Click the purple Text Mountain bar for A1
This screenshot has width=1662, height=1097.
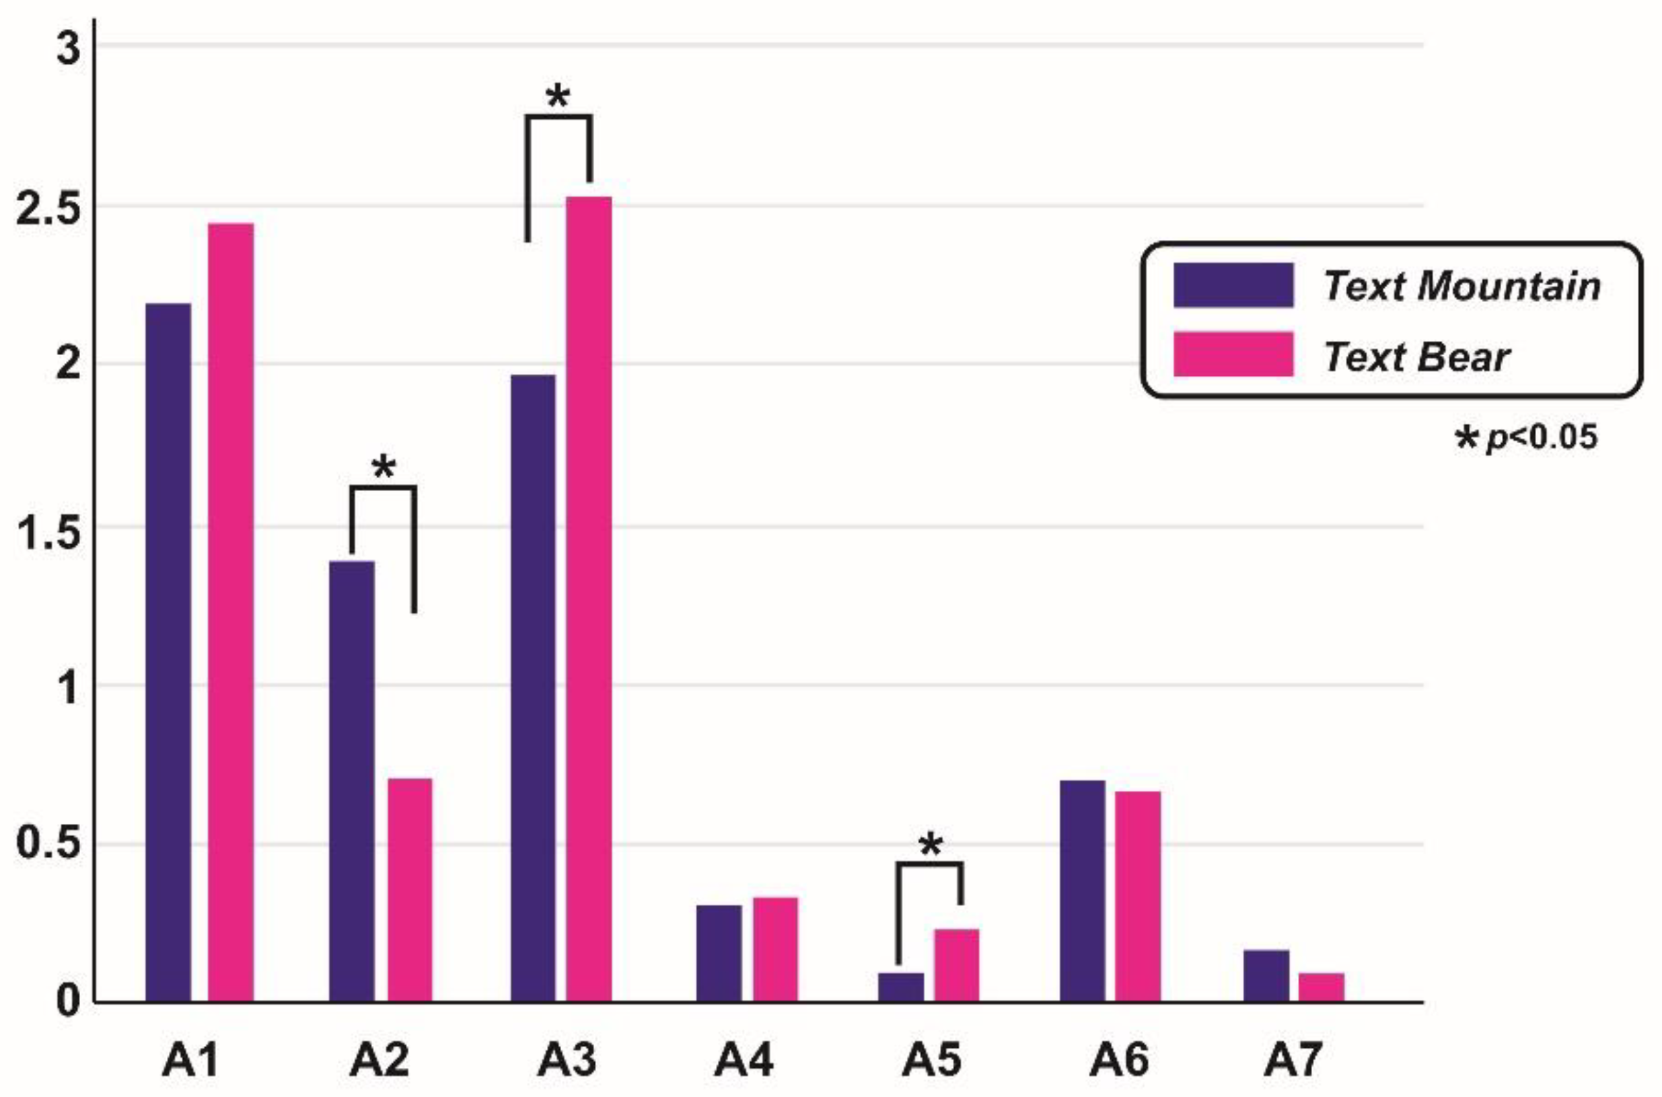coord(168,651)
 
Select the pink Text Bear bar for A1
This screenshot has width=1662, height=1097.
coord(231,612)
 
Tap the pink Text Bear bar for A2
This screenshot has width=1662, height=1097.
coord(410,889)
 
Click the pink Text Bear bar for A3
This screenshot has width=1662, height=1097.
coord(589,599)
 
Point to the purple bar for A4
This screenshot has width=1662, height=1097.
coord(719,953)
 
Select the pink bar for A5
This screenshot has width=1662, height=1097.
coord(957,964)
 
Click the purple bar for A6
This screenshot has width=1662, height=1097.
coord(1083,891)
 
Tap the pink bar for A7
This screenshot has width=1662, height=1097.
coord(1322,987)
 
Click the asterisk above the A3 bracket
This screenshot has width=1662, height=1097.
coord(558,97)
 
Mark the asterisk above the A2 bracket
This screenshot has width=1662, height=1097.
coord(384,467)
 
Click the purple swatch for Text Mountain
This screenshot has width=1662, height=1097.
coord(1233,285)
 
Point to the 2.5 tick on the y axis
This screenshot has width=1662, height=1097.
coord(48,208)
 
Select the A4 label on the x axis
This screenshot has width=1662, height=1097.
coord(743,1060)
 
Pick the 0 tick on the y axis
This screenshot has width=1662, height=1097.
coord(68,1001)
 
